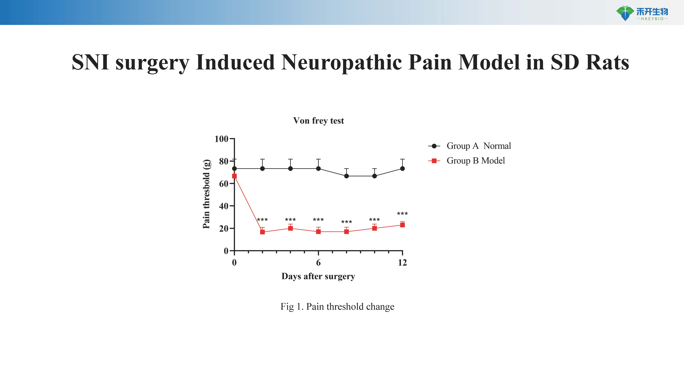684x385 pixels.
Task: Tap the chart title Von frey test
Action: tap(318, 121)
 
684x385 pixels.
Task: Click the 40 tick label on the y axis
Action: tap(224, 206)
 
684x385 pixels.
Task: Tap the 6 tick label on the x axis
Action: tap(318, 263)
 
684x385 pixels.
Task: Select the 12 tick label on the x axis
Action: tap(402, 263)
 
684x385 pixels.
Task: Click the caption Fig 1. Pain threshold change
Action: tap(337, 307)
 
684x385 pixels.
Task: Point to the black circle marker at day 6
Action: tap(318, 168)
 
